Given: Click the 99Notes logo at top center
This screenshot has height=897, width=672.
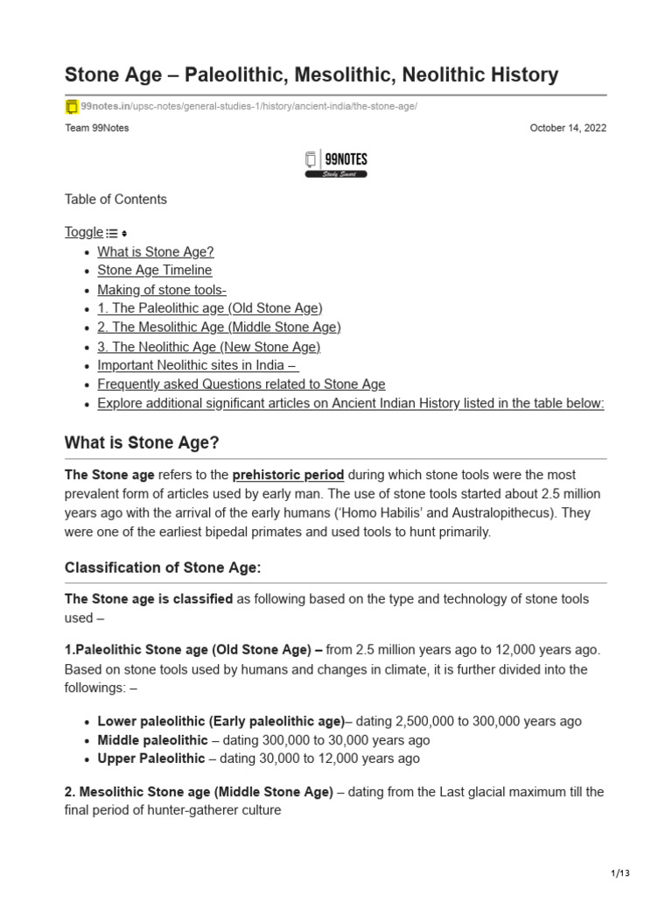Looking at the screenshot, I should click(336, 163).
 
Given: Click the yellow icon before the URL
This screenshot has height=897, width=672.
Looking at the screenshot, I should click(72, 107).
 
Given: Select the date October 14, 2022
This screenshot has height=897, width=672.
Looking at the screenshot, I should click(568, 128).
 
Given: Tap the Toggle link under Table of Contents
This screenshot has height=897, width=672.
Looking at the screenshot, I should click(84, 232).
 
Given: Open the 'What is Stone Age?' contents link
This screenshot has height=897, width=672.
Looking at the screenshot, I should click(156, 251).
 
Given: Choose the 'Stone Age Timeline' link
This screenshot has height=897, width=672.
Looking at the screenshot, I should click(155, 271).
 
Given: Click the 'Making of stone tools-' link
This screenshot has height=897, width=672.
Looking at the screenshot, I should click(162, 290).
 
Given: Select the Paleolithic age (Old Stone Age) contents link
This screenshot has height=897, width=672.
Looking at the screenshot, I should click(210, 308).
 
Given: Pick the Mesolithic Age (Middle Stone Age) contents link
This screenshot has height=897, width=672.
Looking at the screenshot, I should click(219, 328).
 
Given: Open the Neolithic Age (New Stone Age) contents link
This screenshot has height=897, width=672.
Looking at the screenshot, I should click(209, 347).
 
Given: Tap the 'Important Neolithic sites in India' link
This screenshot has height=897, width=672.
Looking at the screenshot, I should click(198, 365).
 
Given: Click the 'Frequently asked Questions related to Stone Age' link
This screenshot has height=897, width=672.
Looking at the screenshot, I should click(241, 385).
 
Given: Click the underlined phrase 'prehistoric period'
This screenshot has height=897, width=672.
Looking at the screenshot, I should click(289, 475).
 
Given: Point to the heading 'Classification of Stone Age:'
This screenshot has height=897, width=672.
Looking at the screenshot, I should click(163, 568).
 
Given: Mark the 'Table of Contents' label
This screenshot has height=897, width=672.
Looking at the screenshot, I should click(115, 200).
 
